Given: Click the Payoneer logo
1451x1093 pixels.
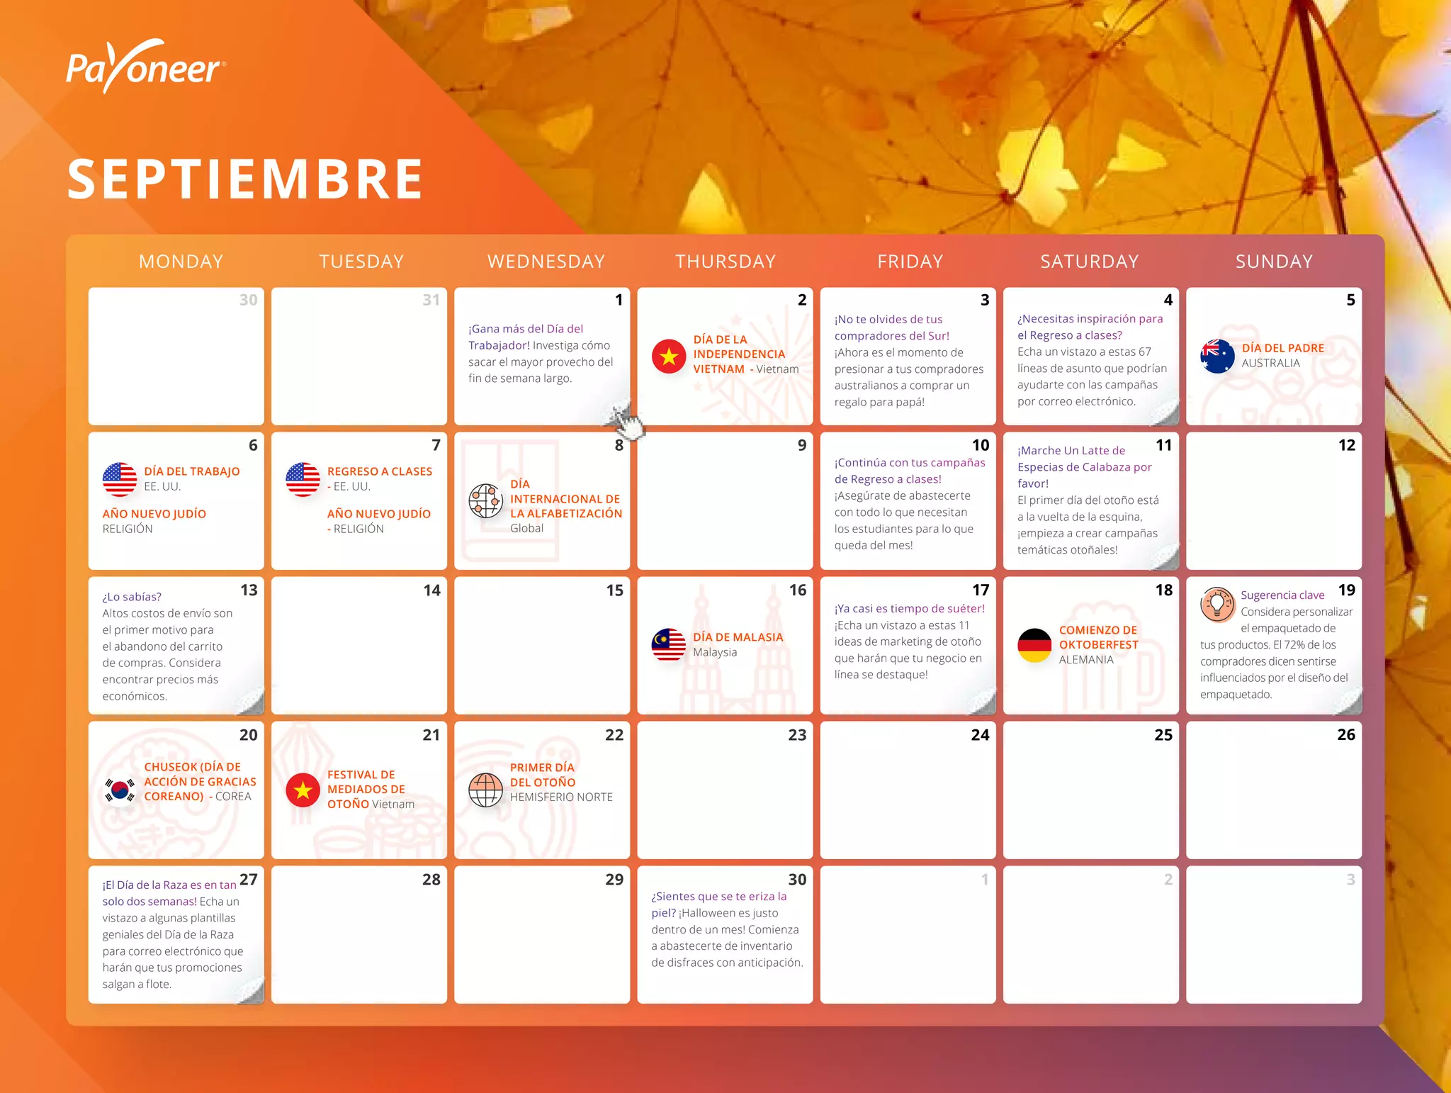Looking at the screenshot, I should coord(146,67).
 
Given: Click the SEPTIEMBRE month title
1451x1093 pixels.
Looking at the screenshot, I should coord(245,179).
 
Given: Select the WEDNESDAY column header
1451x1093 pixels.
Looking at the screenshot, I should coord(546,262).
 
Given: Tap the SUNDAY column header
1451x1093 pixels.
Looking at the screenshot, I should coord(1274,262).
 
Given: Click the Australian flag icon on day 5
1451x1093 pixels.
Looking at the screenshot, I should coord(1217,356).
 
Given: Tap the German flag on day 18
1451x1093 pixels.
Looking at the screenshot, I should coord(1034,645).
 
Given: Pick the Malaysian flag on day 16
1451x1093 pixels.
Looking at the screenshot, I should coord(668,644).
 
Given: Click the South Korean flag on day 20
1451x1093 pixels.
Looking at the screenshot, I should coord(120,789).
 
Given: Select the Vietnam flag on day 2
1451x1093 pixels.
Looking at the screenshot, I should coord(668,356).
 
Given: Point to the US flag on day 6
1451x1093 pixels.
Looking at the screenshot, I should coord(120,479).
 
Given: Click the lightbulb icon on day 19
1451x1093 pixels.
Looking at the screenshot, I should coord(1217,605).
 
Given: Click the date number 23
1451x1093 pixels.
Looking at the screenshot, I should coord(797,735).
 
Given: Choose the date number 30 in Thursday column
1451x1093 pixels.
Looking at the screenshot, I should coord(797,880).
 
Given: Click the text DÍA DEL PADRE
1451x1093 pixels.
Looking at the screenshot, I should coord(1282,348).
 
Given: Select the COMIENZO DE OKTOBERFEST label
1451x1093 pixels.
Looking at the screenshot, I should coord(1098,637).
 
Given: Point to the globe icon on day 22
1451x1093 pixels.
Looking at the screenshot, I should coord(485,790).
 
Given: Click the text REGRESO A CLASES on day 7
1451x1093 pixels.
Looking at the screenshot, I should coord(379,471).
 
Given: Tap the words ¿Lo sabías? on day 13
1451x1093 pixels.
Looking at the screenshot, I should coord(132,597).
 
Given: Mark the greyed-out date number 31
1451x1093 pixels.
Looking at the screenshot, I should coord(431,300).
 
